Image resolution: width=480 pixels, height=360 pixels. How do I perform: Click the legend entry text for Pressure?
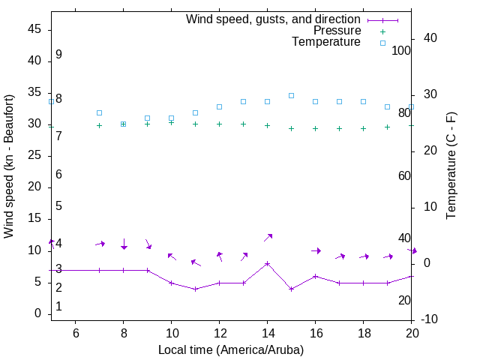(337, 31)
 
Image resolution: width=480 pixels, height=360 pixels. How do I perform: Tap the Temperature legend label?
(326, 42)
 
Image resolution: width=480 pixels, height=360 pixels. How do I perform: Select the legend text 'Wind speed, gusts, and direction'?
(274, 19)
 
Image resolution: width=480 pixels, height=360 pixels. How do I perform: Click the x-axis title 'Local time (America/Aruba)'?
(231, 349)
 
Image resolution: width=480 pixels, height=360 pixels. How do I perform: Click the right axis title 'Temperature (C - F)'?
(451, 166)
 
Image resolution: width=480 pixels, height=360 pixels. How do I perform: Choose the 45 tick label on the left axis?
(34, 29)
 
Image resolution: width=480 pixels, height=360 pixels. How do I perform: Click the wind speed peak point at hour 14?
(267, 263)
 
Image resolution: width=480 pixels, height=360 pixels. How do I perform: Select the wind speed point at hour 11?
(195, 289)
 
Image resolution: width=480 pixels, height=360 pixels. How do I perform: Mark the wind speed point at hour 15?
(291, 289)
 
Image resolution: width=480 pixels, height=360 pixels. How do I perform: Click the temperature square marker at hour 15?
(291, 95)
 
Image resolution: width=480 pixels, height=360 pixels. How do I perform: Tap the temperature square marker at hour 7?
(99, 112)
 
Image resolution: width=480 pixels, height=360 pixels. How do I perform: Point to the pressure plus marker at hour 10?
(171, 121)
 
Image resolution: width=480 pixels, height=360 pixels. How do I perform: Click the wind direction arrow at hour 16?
(316, 250)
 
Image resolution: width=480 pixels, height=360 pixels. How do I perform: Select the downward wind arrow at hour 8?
(124, 244)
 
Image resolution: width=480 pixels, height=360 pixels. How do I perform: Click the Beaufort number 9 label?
(58, 55)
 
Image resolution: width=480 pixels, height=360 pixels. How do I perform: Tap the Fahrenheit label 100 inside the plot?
(401, 50)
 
